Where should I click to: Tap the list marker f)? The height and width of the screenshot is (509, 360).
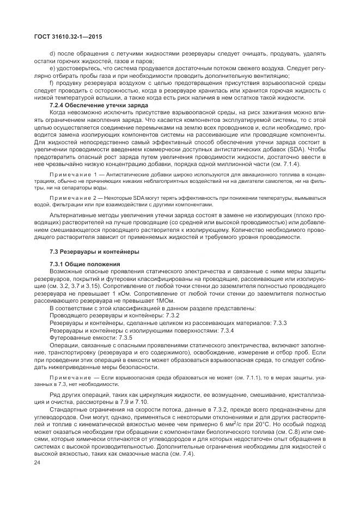(x=52, y=82)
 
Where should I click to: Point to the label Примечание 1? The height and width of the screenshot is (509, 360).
(x=72, y=172)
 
